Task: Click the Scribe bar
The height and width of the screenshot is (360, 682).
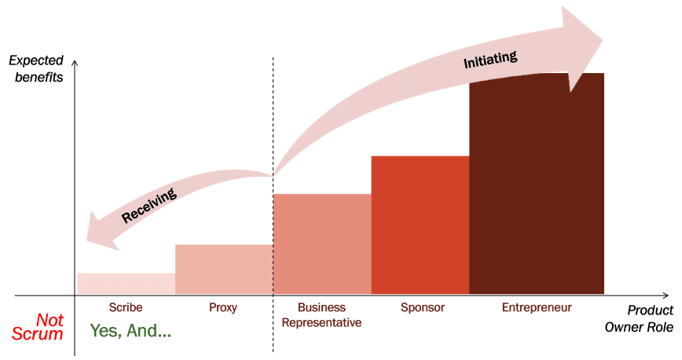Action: [x=126, y=284]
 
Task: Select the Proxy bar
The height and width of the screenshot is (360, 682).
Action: [x=224, y=270]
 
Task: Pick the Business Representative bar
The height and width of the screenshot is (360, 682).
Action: [x=322, y=244]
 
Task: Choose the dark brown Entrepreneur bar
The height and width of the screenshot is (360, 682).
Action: [x=537, y=184]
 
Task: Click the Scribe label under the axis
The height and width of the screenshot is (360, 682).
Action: [x=126, y=308]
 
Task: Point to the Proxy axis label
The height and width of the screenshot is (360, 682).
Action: [x=224, y=308]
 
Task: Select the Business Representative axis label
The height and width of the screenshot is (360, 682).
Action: [x=322, y=315]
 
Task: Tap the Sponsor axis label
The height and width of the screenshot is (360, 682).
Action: [x=422, y=308]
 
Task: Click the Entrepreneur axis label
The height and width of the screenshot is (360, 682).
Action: [x=537, y=308]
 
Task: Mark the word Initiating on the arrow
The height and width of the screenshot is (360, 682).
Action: [x=490, y=59]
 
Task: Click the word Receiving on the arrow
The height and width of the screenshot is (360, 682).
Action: [x=148, y=205]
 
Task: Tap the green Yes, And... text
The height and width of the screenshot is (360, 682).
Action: [x=130, y=331]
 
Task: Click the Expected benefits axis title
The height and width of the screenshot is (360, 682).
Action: [x=37, y=69]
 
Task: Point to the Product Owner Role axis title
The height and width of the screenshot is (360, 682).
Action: [x=639, y=319]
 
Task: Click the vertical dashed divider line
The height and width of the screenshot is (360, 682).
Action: [x=273, y=118]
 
